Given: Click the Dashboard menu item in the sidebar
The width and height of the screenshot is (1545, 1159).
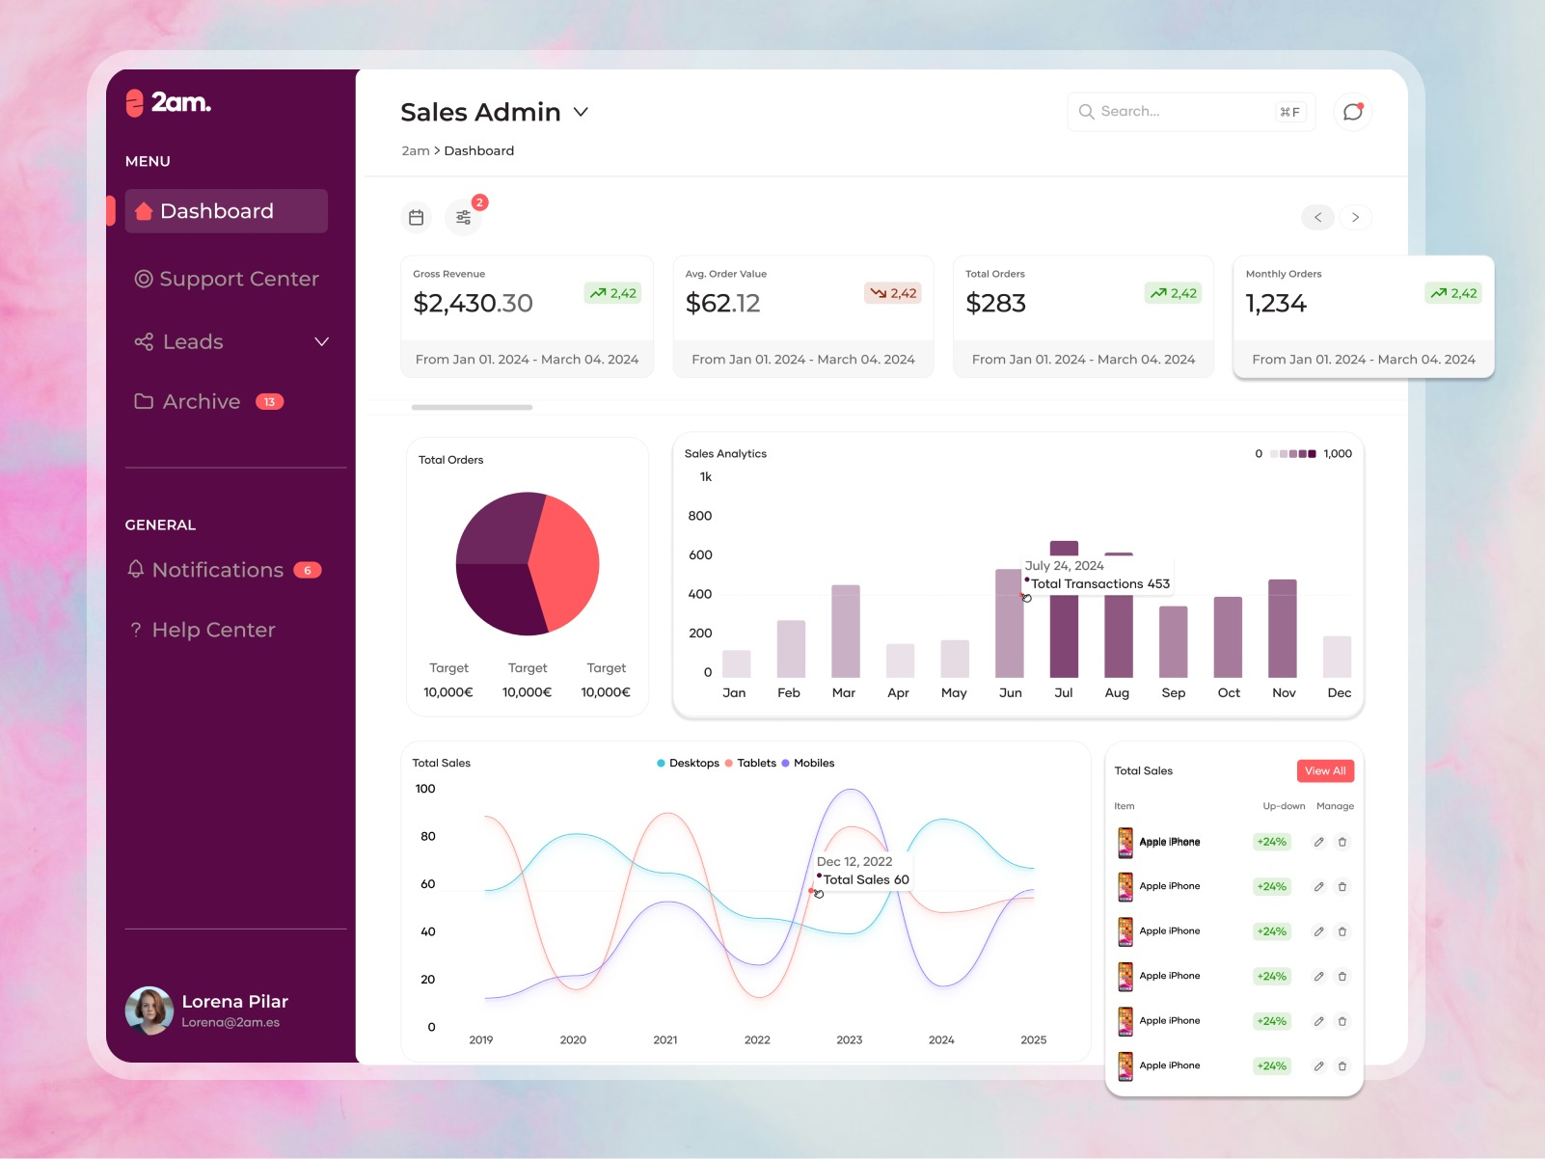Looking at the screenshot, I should click(226, 211).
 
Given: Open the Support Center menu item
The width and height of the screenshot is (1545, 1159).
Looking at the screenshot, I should click(227, 279).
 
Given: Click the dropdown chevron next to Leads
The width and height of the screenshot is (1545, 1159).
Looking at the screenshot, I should click(322, 342).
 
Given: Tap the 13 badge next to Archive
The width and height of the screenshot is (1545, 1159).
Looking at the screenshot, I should click(269, 402).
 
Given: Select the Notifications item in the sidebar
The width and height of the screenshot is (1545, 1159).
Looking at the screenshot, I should click(217, 570).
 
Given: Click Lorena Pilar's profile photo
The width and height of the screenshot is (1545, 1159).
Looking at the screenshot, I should click(149, 1011).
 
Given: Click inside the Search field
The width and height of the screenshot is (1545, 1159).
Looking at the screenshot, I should click(1181, 112).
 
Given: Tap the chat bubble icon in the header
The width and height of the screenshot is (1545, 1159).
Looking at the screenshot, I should click(1352, 112).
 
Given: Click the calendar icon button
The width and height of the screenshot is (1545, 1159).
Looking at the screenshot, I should click(417, 218).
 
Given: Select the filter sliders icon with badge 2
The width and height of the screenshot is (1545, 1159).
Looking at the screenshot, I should click(464, 218).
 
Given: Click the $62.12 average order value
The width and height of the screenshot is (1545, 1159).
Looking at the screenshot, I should click(722, 304).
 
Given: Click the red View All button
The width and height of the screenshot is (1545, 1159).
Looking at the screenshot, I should click(1324, 770).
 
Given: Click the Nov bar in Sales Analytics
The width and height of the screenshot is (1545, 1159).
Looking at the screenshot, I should click(1282, 629).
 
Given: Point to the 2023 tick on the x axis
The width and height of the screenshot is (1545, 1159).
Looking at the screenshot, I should click(849, 1039).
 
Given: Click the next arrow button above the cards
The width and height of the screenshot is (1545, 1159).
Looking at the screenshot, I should click(1355, 218).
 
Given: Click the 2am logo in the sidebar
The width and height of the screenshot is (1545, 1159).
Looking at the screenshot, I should click(169, 102).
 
